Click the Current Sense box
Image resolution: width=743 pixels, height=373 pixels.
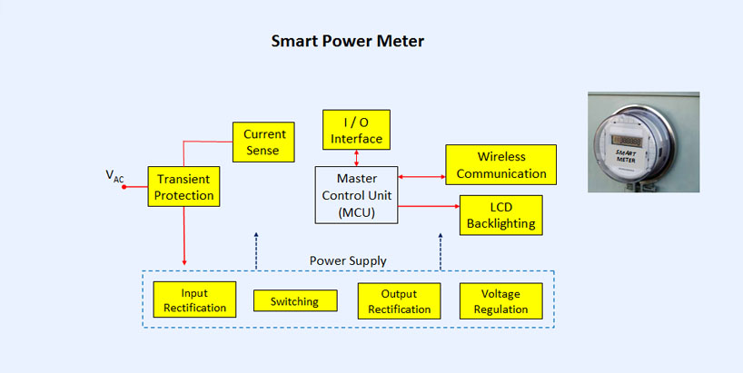[x=263, y=142]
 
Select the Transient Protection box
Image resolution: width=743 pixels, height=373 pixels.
[x=183, y=187]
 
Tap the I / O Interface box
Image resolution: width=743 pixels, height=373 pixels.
[x=356, y=130]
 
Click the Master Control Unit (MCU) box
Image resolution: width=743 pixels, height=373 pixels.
[x=356, y=195]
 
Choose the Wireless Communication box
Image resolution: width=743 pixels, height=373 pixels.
[x=500, y=165]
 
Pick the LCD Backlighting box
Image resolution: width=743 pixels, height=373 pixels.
[x=500, y=215]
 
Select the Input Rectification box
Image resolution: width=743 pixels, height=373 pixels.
[x=194, y=299]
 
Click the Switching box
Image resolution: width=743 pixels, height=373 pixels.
[x=295, y=301]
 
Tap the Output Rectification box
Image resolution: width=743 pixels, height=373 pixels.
[x=399, y=301]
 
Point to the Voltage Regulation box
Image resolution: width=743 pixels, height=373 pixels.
[x=500, y=301]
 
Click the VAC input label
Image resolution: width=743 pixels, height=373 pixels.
[x=114, y=176]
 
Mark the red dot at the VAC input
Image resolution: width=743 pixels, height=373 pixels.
[x=124, y=187]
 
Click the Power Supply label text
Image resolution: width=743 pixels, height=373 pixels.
[x=348, y=260]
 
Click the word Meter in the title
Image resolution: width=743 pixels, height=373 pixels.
[x=401, y=41]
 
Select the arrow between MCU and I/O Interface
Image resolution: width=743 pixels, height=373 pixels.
[x=356, y=158]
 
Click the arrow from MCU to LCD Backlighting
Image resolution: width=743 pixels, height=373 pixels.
[x=429, y=206]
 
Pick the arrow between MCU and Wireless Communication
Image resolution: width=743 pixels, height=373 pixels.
[x=421, y=177]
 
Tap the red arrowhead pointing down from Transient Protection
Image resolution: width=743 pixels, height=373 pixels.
[x=184, y=262]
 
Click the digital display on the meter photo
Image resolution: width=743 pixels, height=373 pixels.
[x=627, y=141]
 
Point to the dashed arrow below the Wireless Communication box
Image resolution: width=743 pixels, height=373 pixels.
[x=441, y=251]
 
